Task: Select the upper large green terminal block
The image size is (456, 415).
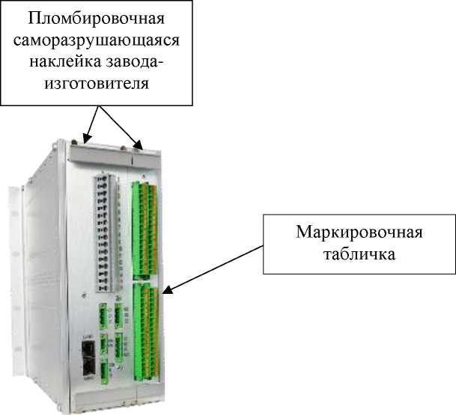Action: pos(144,224)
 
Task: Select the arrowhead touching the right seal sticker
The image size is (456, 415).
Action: pos(139,145)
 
